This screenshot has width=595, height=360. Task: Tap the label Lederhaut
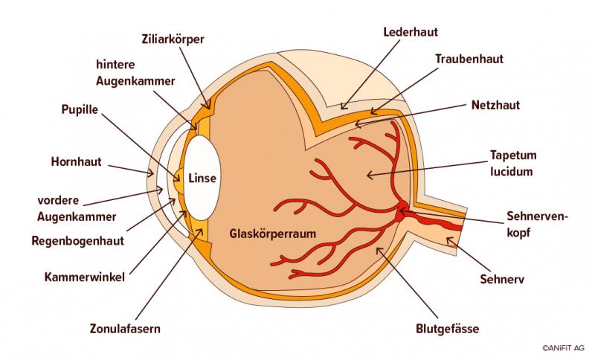point(410,32)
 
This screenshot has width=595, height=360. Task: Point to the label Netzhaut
point(496,105)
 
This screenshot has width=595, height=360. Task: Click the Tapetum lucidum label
point(513,163)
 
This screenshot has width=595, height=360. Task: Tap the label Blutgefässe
point(448,328)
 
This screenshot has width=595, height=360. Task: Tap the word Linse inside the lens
point(202,179)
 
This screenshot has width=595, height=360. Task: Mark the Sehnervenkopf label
point(536,224)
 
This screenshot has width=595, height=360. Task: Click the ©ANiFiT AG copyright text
point(563,347)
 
